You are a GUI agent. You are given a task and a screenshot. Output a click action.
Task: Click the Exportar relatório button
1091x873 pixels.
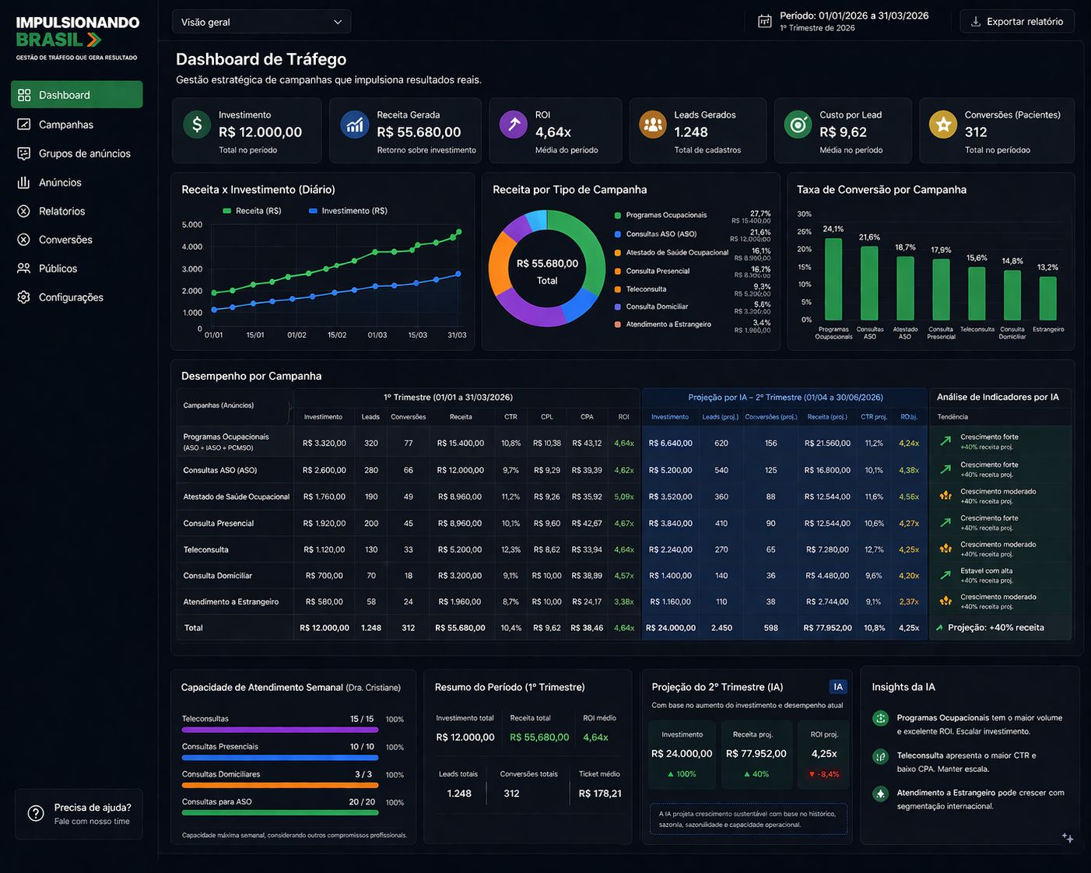(x=1016, y=22)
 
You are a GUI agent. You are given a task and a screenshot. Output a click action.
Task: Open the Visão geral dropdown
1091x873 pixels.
(x=261, y=22)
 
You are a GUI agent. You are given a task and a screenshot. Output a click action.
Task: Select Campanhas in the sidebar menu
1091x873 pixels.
(x=66, y=124)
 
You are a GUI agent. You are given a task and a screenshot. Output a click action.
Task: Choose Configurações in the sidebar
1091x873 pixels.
(x=71, y=297)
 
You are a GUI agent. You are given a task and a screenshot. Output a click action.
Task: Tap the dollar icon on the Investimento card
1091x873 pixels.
(x=197, y=124)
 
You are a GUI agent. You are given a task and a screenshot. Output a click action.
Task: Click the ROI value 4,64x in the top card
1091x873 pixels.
(x=553, y=132)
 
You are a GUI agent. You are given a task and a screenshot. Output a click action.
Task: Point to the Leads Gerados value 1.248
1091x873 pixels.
(x=691, y=132)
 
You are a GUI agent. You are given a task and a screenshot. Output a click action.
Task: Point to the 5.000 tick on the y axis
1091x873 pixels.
(x=192, y=225)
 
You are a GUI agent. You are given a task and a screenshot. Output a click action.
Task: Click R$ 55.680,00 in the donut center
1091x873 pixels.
(x=547, y=264)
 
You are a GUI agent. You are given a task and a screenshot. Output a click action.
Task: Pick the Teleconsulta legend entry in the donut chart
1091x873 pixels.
(x=646, y=289)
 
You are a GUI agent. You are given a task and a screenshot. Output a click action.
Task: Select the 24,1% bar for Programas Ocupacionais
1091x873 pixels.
(x=833, y=279)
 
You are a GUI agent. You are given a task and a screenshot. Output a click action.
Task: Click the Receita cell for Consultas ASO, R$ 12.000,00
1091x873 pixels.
(x=461, y=470)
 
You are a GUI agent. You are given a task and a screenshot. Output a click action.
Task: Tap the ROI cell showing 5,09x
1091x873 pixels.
(x=623, y=496)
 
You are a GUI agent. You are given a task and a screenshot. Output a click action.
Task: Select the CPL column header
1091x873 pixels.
(x=547, y=417)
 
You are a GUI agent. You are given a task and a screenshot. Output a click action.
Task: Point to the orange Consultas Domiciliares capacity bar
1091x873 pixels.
(x=280, y=785)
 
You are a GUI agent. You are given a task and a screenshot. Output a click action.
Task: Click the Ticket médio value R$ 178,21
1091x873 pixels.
(x=600, y=794)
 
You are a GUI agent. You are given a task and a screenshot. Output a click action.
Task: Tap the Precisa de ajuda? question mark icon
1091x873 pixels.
(x=36, y=813)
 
